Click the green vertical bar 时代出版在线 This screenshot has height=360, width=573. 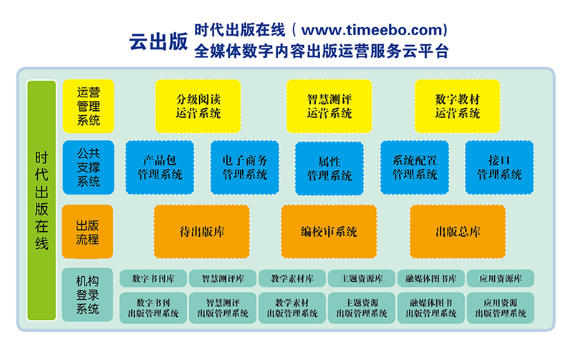pyautogui.click(x=42, y=200)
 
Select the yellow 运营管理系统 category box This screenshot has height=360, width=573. pyautogui.click(x=88, y=106)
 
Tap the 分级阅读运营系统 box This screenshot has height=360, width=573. pyautogui.click(x=198, y=106)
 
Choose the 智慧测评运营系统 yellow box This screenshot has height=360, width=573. pyautogui.click(x=329, y=106)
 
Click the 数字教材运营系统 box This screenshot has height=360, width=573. pyautogui.click(x=457, y=106)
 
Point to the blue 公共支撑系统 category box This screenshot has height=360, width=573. pyautogui.click(x=88, y=167)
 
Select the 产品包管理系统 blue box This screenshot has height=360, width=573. pyautogui.click(x=160, y=167)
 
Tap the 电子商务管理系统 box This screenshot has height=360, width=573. pyautogui.click(x=245, y=167)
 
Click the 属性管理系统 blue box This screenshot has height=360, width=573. pyautogui.click(x=329, y=168)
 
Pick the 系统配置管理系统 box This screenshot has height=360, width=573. pyautogui.click(x=415, y=167)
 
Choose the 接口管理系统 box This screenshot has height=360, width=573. pyautogui.click(x=499, y=167)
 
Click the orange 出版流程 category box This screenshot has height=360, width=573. pyautogui.click(x=87, y=232)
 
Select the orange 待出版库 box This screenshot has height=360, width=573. pyautogui.click(x=202, y=232)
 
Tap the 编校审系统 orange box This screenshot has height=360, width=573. pyautogui.click(x=329, y=232)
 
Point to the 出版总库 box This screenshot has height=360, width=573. pyautogui.click(x=458, y=232)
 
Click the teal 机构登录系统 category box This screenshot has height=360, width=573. pyautogui.click(x=87, y=295)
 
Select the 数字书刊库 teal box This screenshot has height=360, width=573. pyautogui.click(x=153, y=278)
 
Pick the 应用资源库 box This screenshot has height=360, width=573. pyautogui.click(x=501, y=278)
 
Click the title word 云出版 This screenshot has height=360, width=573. pyautogui.click(x=158, y=41)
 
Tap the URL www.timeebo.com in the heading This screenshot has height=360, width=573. pyautogui.click(x=372, y=29)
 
